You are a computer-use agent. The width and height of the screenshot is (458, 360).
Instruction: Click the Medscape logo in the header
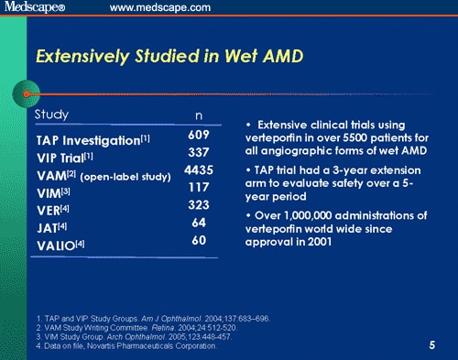click(36, 8)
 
